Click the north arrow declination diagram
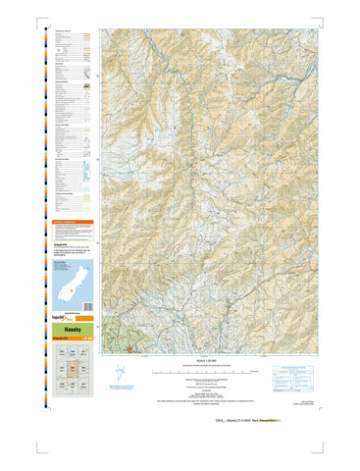(119, 375)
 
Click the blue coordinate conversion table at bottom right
(285, 379)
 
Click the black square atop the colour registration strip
(40, 29)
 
